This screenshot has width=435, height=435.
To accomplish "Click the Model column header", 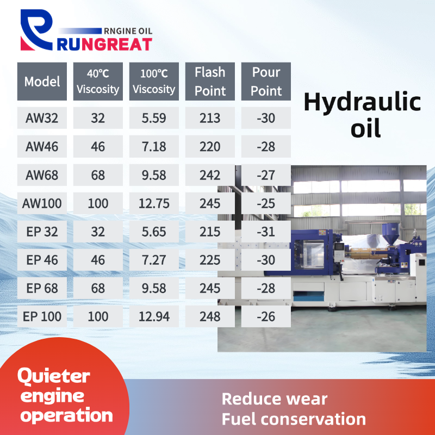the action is pos(42,81).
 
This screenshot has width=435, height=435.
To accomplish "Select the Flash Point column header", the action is pos(210,81).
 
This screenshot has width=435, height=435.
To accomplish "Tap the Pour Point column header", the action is pos(266,81).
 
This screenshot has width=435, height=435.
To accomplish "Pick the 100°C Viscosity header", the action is pos(154,81).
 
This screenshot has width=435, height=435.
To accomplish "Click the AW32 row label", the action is pos(42,118).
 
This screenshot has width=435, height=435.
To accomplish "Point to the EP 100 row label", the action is pos(42,316).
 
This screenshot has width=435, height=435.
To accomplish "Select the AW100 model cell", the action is pos(42,203).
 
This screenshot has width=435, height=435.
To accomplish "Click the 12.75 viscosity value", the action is pos(154,203).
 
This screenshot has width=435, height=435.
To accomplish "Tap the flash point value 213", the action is pos(210,118).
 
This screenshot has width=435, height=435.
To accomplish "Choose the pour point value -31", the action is pos(266,232).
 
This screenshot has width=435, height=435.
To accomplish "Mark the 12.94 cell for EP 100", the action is pos(154,316).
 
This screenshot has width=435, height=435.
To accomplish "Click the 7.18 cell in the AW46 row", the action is pos(154,146).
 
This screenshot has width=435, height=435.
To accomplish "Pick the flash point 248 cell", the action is pos(210,316).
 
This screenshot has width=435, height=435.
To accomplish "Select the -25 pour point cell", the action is pos(266,203).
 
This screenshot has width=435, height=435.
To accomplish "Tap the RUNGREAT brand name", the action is pos(104,45).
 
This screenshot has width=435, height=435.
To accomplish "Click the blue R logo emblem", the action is pos(36,30).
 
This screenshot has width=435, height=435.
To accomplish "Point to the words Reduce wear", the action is pos(275,399).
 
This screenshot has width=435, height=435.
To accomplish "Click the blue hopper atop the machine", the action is pos(390,234).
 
